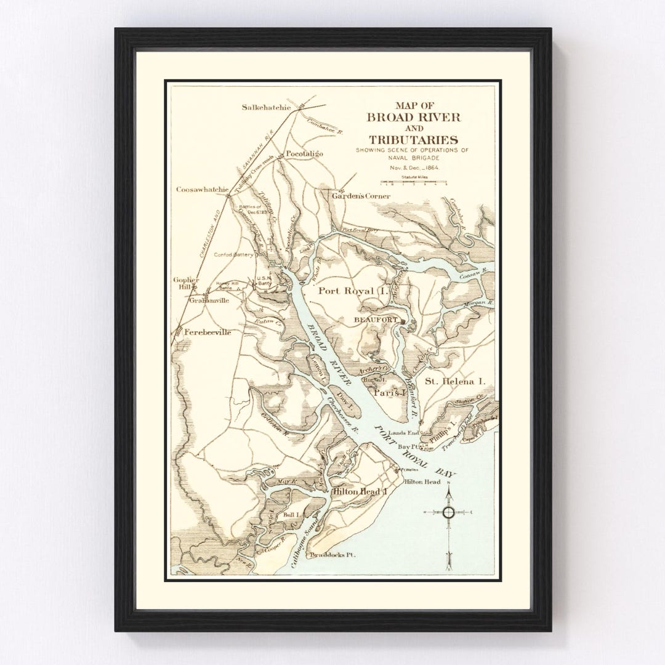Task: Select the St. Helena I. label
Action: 455,382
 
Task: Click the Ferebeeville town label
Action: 208,332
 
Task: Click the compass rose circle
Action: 448,512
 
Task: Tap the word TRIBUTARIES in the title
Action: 411,140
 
